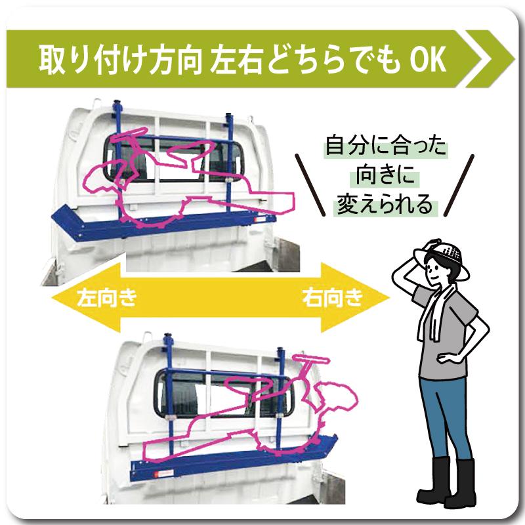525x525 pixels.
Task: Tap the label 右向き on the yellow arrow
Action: tap(333, 297)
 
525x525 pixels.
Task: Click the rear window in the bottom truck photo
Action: tap(197, 394)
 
